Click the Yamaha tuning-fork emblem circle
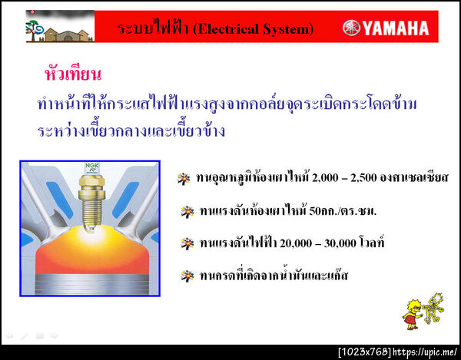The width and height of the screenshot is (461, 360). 350,29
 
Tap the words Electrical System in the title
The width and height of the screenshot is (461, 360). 254,29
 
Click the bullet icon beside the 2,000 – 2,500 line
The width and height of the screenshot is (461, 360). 183,178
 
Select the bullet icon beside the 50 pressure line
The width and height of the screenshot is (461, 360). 185,210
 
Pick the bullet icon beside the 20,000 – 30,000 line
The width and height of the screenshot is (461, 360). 185,243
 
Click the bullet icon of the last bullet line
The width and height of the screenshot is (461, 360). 185,274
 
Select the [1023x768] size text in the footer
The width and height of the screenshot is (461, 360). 364,352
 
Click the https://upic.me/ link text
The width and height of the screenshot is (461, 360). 426,352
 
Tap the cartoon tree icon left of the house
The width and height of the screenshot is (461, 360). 35,25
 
